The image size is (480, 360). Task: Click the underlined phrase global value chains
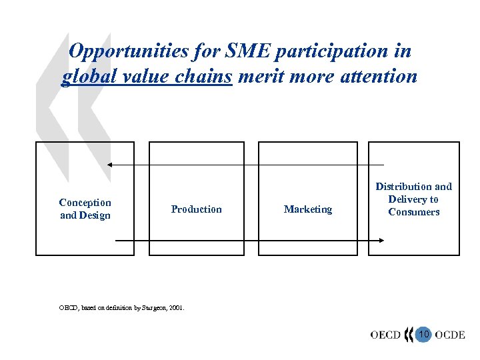(x=147, y=77)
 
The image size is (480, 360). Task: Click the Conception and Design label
(x=85, y=209)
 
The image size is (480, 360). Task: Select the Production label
(x=196, y=209)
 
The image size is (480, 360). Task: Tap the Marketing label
(x=307, y=209)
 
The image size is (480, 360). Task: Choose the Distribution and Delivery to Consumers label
(x=413, y=199)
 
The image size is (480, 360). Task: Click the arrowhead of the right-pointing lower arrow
(x=381, y=241)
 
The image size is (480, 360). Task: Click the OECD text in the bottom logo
(x=385, y=335)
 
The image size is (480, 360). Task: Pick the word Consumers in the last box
(x=414, y=212)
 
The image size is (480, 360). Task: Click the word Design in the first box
(x=95, y=215)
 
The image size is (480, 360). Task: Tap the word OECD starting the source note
(x=67, y=308)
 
